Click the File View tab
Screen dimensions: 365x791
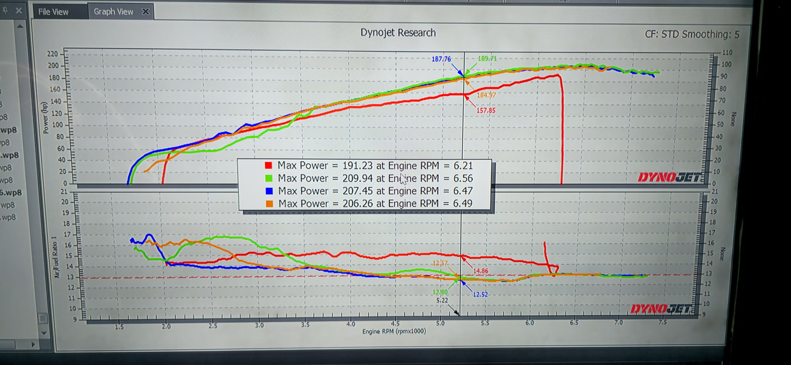(53, 11)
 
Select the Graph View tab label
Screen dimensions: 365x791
(113, 11)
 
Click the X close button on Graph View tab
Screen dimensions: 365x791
(146, 11)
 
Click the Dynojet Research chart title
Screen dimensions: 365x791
(398, 33)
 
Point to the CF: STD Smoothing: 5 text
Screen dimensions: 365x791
(692, 34)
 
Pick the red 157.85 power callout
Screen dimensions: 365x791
(484, 110)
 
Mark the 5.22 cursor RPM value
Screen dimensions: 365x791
(443, 300)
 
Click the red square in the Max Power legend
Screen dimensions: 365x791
(268, 165)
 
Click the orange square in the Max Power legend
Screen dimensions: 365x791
(269, 204)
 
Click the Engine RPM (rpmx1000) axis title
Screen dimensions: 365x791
(394, 331)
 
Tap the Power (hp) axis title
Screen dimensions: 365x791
(45, 117)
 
